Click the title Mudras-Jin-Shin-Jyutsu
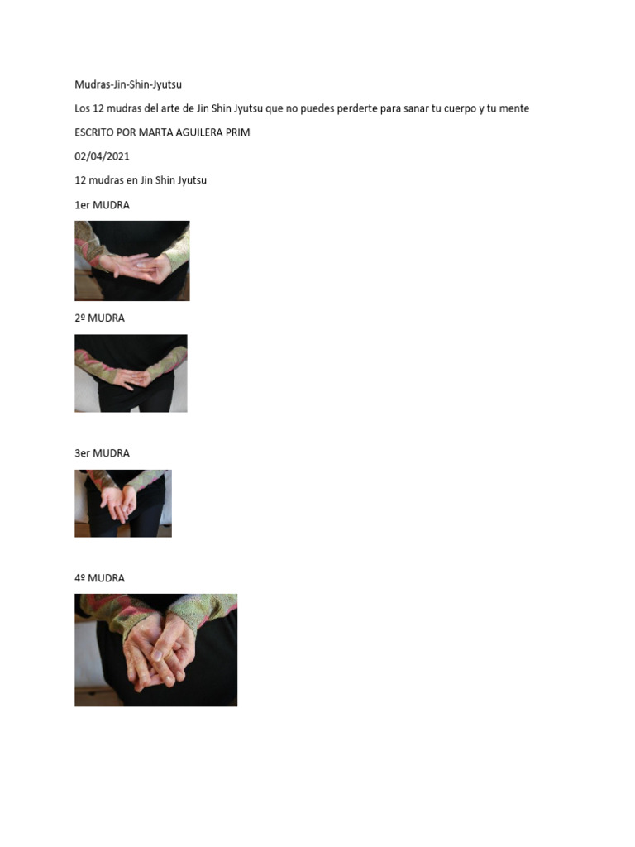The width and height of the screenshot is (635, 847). [x=128, y=84]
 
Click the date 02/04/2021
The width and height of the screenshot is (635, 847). [x=102, y=156]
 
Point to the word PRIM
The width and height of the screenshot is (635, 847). [x=236, y=132]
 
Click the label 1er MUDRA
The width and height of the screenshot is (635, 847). [x=102, y=205]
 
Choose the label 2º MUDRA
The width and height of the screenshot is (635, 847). [x=99, y=318]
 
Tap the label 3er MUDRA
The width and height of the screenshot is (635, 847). [x=102, y=453]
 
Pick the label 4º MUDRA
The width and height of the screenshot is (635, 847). [x=99, y=578]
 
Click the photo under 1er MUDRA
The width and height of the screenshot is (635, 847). [x=132, y=261]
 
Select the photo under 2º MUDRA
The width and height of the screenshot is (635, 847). [x=131, y=373]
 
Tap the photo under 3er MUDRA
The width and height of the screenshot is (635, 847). [x=123, y=504]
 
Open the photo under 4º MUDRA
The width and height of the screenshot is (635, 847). [x=155, y=650]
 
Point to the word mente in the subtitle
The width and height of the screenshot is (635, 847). [x=514, y=108]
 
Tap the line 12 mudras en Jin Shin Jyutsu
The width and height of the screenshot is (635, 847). [x=141, y=180]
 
